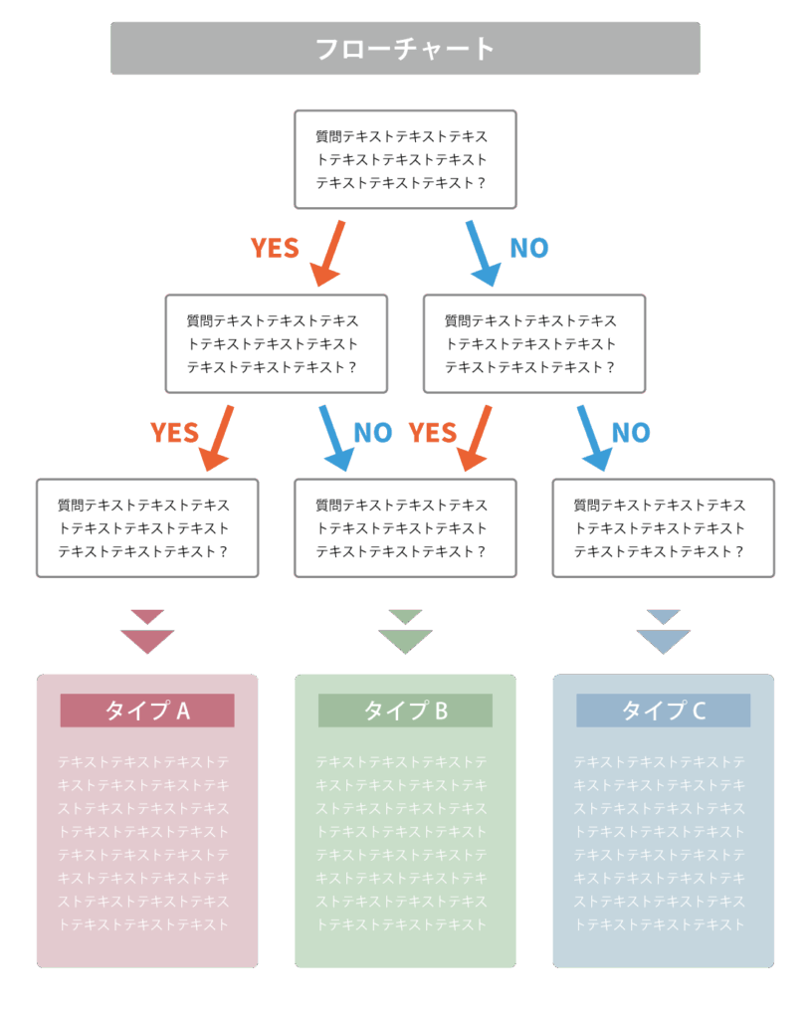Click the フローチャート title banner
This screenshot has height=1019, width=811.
pos(405,48)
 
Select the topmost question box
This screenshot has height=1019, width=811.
pos(405,159)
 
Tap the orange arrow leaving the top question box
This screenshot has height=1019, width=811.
pos(328,253)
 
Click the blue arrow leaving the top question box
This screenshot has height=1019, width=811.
pos(482,253)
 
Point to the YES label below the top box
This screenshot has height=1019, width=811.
pos(275,249)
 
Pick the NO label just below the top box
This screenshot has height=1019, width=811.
pos(529,249)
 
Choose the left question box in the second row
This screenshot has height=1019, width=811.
pos(276,343)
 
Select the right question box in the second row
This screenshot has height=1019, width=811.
pos(534,343)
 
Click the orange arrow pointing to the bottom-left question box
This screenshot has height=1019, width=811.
pos(218,438)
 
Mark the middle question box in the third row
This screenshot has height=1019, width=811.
pos(405,528)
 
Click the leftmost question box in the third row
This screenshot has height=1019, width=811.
pos(147,528)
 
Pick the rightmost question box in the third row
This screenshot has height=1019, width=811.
pos(663,528)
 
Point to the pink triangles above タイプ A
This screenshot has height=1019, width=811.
pos(147,634)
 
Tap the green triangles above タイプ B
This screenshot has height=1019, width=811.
pos(405,634)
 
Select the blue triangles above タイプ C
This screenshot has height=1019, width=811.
pos(663,634)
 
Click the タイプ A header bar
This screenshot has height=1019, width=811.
pos(147,711)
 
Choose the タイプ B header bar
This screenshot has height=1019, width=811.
pos(405,711)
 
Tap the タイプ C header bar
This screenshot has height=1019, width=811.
pos(663,711)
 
